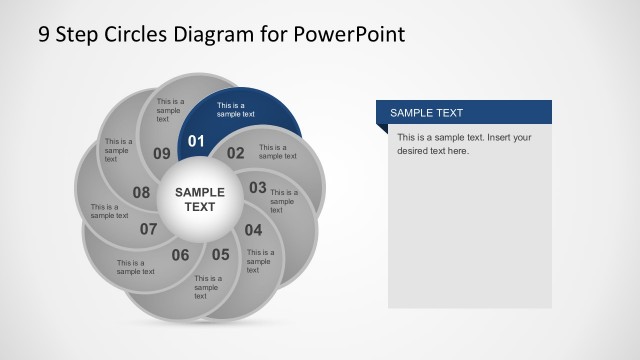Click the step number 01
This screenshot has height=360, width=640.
coord(196,141)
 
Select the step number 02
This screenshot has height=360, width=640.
coord(235,153)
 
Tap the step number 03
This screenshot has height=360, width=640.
coord(258,187)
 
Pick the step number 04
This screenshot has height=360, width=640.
coord(253,229)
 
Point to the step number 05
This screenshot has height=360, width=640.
coord(220,254)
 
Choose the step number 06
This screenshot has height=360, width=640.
coord(180,255)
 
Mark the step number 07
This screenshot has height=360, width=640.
coord(149,229)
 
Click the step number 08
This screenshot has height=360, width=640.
coord(141,192)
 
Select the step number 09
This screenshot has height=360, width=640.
coord(162,153)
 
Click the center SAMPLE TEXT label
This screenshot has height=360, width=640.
coord(200,199)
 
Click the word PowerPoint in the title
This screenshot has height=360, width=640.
coord(350,35)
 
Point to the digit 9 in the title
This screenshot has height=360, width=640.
coord(44,35)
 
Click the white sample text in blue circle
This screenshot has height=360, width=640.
coord(236,109)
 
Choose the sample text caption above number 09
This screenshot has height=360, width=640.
coord(170,110)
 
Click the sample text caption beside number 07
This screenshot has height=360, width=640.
coord(135,267)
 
